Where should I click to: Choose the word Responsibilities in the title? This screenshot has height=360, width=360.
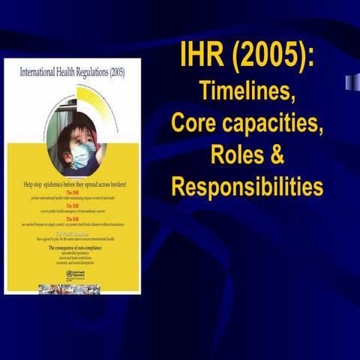pos(247,186)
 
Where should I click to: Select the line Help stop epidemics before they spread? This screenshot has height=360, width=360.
pos(72,184)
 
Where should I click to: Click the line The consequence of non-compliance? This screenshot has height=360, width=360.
pos(72,247)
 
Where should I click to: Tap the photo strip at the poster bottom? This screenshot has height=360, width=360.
pos(72,288)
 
